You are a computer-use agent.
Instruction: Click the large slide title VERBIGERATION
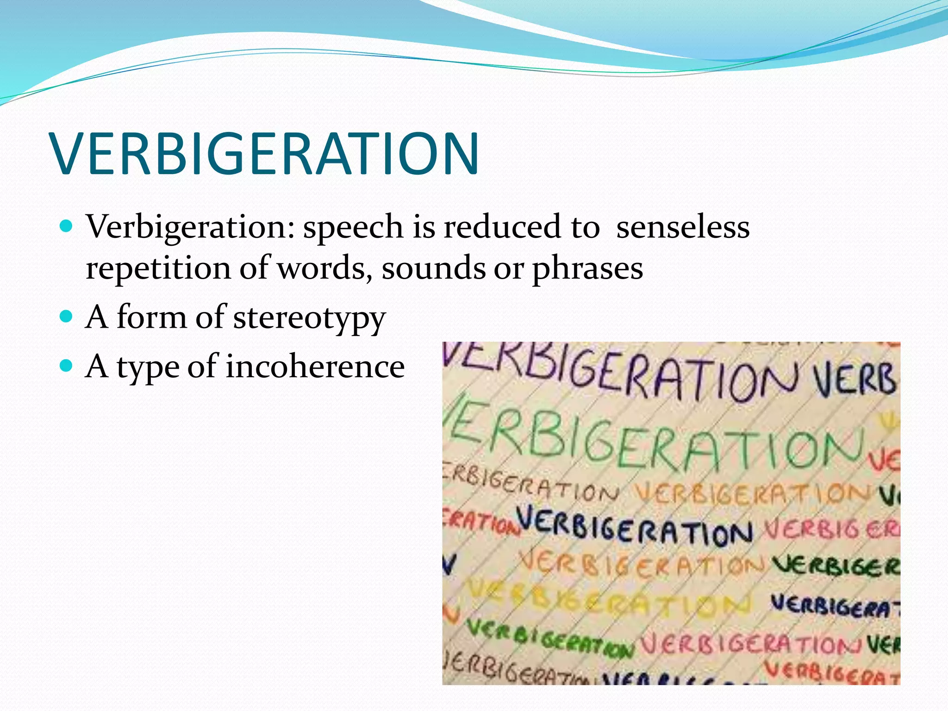(266, 154)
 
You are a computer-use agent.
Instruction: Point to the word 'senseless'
(682, 227)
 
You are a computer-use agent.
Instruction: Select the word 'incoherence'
(315, 367)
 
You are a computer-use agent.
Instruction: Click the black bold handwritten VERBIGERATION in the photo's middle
(634, 528)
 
